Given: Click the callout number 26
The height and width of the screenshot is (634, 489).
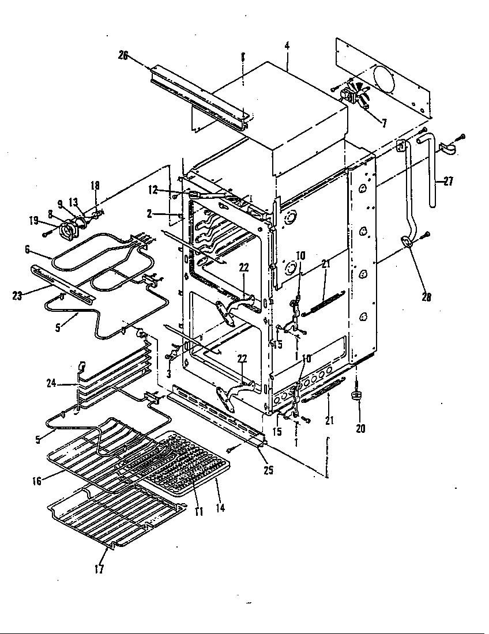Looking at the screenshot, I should point(122,56).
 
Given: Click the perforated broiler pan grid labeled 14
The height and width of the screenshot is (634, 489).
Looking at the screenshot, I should point(185,459).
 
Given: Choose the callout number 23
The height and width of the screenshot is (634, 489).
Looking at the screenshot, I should point(17,296).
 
